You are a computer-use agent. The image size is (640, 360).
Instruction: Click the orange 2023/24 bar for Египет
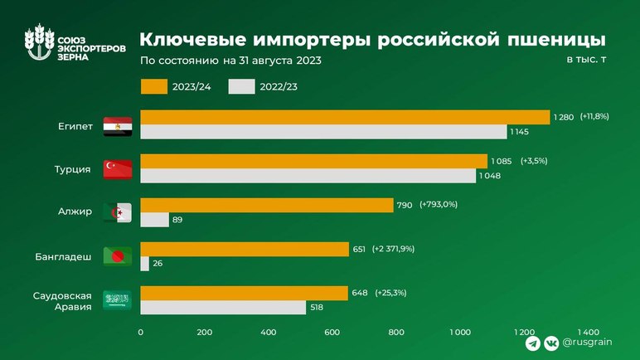(x=345, y=117)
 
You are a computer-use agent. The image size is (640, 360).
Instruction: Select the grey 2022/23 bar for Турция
(x=308, y=176)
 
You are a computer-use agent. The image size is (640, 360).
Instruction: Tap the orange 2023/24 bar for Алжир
(x=267, y=205)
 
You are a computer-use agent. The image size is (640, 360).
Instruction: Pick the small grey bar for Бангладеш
(x=145, y=264)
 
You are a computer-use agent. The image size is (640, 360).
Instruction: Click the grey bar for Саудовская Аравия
(x=223, y=308)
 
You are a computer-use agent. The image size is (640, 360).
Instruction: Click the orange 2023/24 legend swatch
(x=153, y=85)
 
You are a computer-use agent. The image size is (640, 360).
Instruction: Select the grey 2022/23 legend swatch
(x=240, y=85)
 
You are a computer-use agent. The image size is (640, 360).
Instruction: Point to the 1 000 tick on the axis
(x=460, y=332)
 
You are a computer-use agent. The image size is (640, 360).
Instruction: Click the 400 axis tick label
(x=268, y=332)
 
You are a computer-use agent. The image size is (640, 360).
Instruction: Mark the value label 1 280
(x=563, y=117)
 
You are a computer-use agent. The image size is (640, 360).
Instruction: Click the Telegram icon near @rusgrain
(x=532, y=342)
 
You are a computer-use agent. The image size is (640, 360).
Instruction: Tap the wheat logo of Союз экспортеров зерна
(x=36, y=46)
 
